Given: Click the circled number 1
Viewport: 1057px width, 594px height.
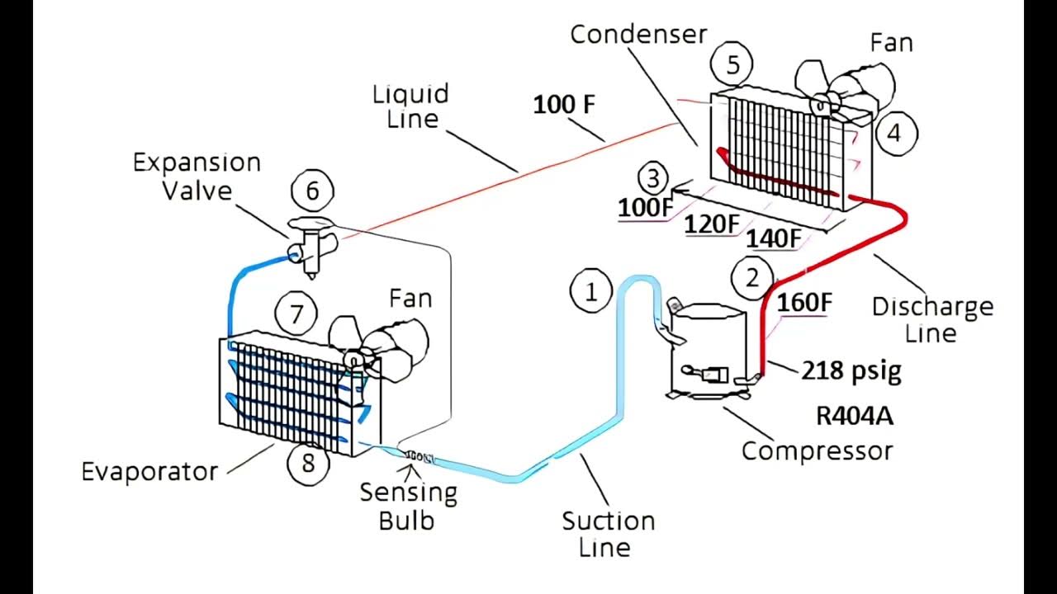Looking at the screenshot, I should pyautogui.click(x=590, y=292).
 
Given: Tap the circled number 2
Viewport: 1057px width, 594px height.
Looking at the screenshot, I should pyautogui.click(x=751, y=278).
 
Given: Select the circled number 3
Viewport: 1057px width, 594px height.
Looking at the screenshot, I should pyautogui.click(x=653, y=178).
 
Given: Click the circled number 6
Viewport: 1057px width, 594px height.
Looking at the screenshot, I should pyautogui.click(x=312, y=191).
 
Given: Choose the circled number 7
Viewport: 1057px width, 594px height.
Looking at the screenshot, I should pyautogui.click(x=297, y=314).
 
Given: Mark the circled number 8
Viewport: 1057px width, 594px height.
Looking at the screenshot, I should pyautogui.click(x=308, y=463).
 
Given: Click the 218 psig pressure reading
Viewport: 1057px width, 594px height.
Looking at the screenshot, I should pyautogui.click(x=851, y=371).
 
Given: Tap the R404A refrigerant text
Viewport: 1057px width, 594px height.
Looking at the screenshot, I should pyautogui.click(x=854, y=416).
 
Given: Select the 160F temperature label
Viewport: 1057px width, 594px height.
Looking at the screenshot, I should pyautogui.click(x=803, y=303).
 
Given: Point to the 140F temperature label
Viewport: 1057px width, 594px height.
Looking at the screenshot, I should pyautogui.click(x=774, y=238).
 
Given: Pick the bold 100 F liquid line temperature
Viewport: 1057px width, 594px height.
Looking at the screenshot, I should pyautogui.click(x=564, y=105).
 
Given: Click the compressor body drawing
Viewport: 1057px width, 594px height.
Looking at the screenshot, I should pyautogui.click(x=706, y=355).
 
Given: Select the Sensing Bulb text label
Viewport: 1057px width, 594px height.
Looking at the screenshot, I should pyautogui.click(x=408, y=507).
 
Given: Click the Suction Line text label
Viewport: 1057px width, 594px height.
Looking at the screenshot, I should pyautogui.click(x=608, y=534).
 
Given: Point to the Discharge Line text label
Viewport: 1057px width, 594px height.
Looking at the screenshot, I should pyautogui.click(x=932, y=320).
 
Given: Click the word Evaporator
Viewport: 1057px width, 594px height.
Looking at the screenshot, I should pyautogui.click(x=149, y=471).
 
